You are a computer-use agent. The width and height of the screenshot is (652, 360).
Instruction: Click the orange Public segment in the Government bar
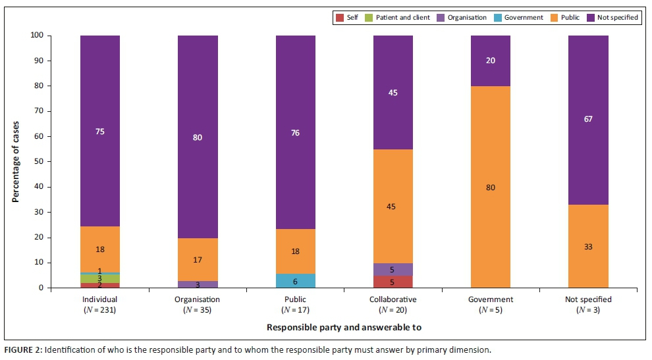pos(491,187)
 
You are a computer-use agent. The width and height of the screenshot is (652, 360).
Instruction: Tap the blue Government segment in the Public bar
pos(296,281)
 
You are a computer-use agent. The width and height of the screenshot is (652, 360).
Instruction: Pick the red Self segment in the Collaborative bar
pos(393,282)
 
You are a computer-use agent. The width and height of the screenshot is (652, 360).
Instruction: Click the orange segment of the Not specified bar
pos(588,247)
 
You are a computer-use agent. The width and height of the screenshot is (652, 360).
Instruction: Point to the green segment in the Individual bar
pos(100,279)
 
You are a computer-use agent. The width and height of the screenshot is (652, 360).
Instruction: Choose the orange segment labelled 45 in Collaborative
pos(393,207)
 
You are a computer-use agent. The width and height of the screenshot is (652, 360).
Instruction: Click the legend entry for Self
pos(347,17)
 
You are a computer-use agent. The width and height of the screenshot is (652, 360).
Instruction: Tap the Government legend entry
pos(518,17)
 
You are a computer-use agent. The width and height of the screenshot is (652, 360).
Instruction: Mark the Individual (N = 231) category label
pos(100,304)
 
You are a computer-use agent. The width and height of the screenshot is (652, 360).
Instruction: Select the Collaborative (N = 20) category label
pos(393,304)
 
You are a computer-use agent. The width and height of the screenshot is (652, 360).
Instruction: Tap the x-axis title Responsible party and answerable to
pos(344,327)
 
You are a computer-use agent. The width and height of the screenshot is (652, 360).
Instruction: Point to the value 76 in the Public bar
pos(296,133)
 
